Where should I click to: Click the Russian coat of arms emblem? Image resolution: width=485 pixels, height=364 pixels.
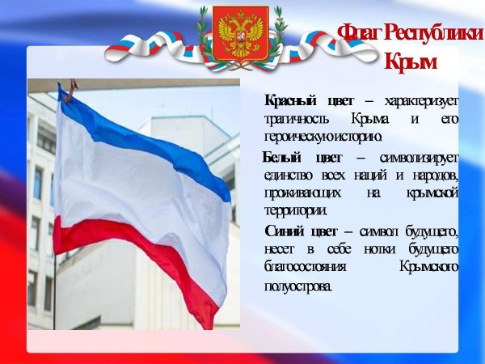click(x=239, y=36)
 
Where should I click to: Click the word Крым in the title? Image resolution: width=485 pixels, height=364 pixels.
click(x=410, y=61)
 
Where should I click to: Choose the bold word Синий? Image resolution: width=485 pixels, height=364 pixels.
click(x=286, y=231)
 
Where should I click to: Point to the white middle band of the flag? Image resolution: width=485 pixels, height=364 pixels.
click(x=137, y=190)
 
